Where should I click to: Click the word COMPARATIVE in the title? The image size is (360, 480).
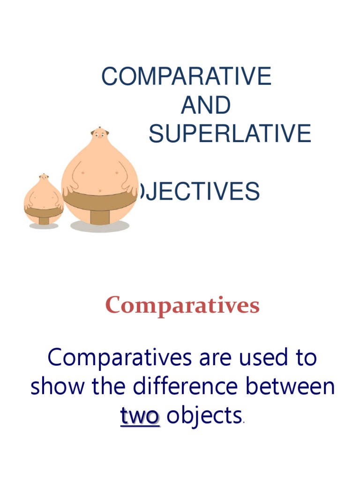(x=186, y=76)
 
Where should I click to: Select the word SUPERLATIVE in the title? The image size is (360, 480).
(x=230, y=134)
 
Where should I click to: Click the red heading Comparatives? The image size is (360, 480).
(x=182, y=306)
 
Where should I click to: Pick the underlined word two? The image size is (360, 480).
(x=140, y=416)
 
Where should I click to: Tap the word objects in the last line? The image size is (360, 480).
(x=204, y=416)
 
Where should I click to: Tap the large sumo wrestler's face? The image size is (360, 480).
(x=99, y=135)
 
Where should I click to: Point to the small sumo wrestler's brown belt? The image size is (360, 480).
(x=44, y=213)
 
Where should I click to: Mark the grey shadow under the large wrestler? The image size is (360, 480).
(x=99, y=226)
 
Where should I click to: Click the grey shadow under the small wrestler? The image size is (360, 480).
(x=44, y=226)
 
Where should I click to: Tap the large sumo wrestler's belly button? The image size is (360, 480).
(x=99, y=190)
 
